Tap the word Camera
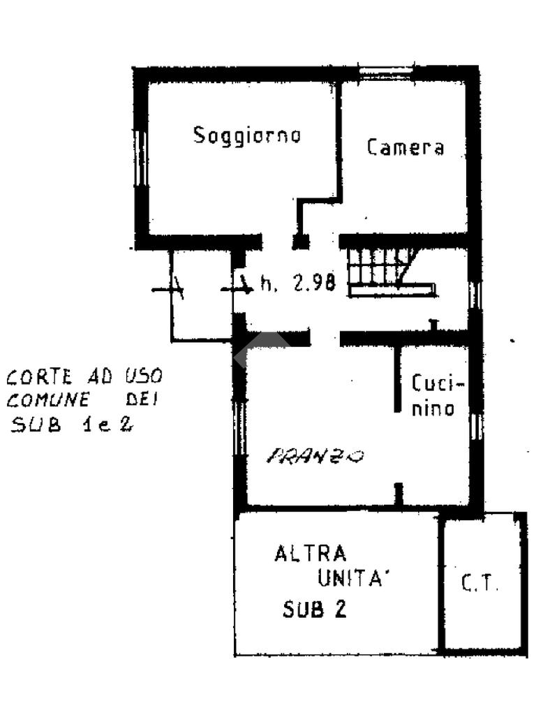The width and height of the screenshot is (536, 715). point(405,147)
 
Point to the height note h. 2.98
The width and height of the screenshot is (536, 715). point(298,283)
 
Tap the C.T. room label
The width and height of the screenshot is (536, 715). point(481,584)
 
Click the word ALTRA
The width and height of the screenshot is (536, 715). point(311,554)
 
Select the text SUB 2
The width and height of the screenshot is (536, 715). point(315,610)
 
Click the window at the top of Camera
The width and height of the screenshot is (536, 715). point(387,72)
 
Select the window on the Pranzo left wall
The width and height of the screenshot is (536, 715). point(239,427)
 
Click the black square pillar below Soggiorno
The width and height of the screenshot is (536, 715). point(300,242)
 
